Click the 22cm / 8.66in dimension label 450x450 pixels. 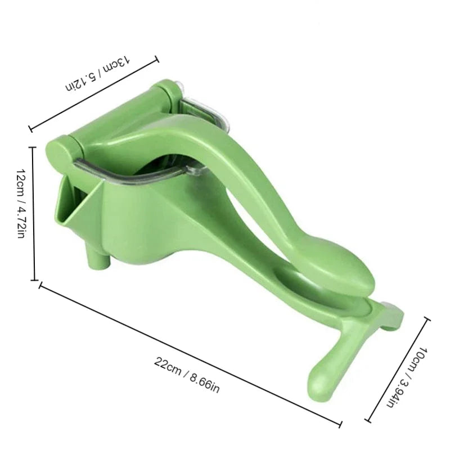click(186, 373)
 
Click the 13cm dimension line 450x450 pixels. click(93, 92)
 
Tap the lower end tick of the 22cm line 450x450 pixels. click(340, 423)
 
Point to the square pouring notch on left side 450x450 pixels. click(66, 200)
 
